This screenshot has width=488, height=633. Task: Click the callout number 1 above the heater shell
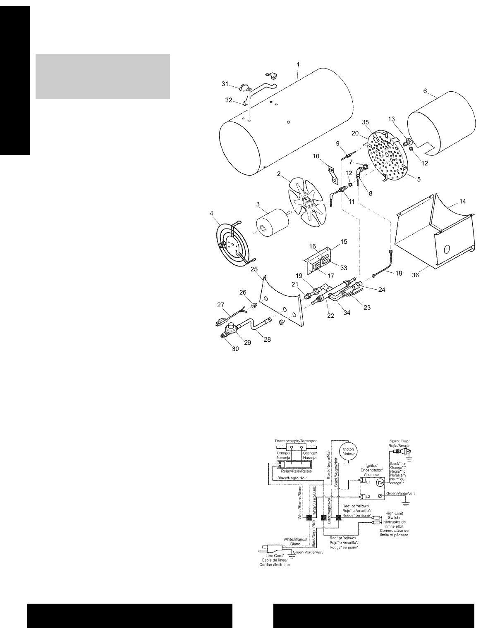[x=298, y=65]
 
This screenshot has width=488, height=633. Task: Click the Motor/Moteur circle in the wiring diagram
[x=347, y=451]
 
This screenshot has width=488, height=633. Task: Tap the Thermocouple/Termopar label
[x=296, y=441]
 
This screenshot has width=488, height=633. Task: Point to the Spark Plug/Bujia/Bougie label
[x=400, y=444]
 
